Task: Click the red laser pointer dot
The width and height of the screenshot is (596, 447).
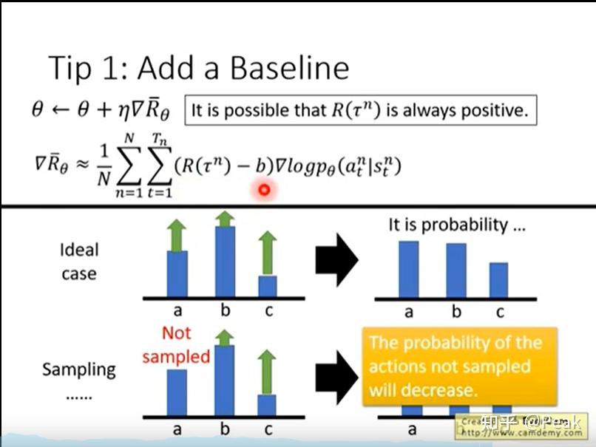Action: pos(263,191)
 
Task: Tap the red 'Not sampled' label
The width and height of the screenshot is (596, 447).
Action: pos(176,346)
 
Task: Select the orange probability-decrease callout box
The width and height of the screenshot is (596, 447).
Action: pos(456,366)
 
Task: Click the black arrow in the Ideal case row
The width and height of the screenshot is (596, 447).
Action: pos(337,260)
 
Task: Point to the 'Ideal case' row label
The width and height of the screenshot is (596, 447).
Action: pos(78,262)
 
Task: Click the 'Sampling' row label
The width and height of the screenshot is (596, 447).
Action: pos(78,369)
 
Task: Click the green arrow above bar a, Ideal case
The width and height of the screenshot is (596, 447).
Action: pos(177,236)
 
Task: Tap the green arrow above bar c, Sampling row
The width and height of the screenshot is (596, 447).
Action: pos(267,372)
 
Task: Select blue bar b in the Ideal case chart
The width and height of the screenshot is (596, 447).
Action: pos(224,261)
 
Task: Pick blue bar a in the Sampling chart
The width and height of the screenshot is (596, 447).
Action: pos(177,392)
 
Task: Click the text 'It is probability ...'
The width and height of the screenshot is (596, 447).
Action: pos(457,225)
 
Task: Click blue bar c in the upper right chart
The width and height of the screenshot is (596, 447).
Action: pos(498,279)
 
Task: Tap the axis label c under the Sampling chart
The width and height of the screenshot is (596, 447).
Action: pos(268,429)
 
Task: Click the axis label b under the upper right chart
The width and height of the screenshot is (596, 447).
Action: pos(456,312)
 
